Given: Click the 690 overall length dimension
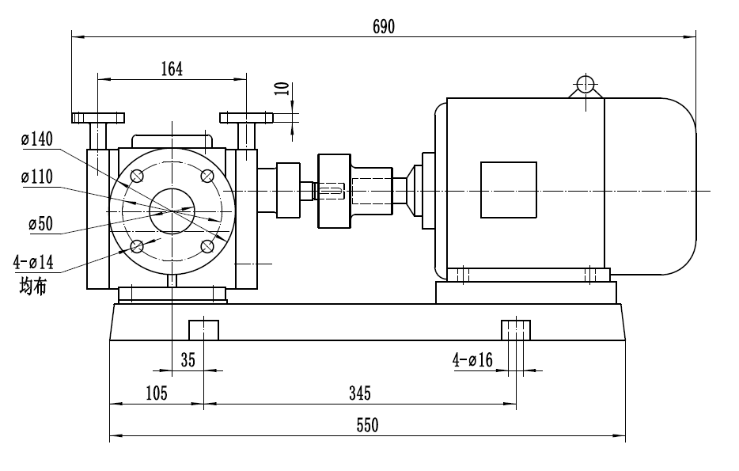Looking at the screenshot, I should coord(384,26).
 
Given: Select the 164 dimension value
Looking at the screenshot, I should coord(172,69).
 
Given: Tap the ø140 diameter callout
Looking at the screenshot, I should coord(37,140).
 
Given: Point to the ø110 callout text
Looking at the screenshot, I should coord(37,177).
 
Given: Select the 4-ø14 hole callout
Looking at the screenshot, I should coord(33,261).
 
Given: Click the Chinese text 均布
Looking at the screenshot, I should coord(32,285).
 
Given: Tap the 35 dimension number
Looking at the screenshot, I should coord(188,361).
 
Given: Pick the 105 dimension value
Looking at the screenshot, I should coord(156,393).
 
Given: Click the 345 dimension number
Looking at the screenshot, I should coord(358,393).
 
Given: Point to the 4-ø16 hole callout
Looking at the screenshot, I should coord(473,361).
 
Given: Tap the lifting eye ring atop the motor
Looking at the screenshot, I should coord(586,84).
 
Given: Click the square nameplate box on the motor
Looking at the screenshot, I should coord(509,190).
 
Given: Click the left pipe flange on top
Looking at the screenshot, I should coord(97,118).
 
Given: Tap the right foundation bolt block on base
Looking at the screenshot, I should coord(517,329).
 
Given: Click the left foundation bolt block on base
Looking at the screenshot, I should coord(203,329).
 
